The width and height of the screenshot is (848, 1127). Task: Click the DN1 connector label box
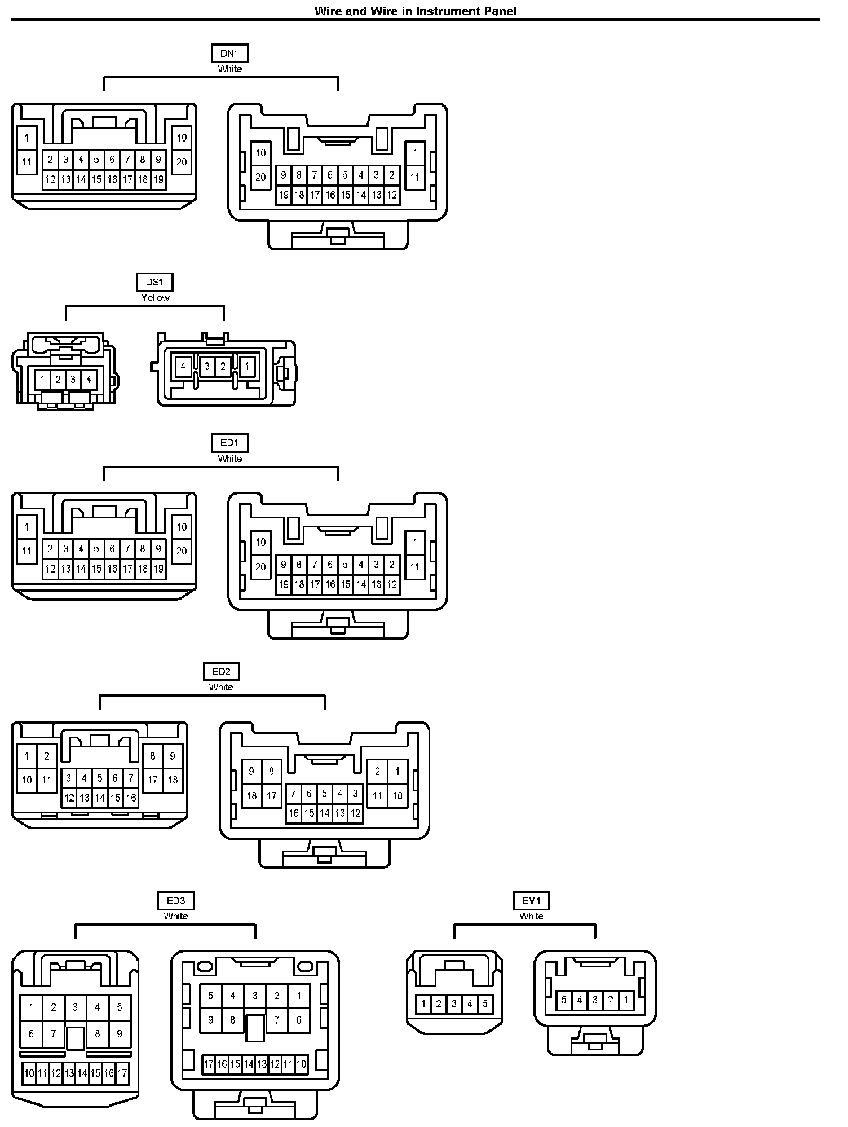pyautogui.click(x=229, y=54)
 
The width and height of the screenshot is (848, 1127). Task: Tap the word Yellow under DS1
pyautogui.click(x=155, y=297)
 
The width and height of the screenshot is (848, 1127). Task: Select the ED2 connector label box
pyautogui.click(x=221, y=671)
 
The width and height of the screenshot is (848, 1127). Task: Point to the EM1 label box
pyautogui.click(x=531, y=900)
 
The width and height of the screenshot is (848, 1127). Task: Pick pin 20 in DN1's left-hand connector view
pyautogui.click(x=182, y=162)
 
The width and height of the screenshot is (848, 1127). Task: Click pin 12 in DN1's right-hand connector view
pyautogui.click(x=392, y=195)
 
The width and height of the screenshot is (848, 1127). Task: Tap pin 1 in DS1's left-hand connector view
pyautogui.click(x=43, y=380)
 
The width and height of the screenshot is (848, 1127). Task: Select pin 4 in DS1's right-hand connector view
pyautogui.click(x=183, y=367)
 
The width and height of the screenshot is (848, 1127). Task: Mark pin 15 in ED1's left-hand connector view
pyautogui.click(x=96, y=569)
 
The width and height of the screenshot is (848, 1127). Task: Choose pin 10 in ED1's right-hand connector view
pyautogui.click(x=260, y=543)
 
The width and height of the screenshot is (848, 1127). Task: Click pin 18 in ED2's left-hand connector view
pyautogui.click(x=173, y=780)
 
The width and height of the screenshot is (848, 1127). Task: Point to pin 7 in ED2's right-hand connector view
pyautogui.click(x=293, y=794)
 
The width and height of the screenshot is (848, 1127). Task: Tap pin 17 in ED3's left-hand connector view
pyautogui.click(x=122, y=1073)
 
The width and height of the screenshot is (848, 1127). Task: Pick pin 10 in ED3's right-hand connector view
pyautogui.click(x=301, y=1064)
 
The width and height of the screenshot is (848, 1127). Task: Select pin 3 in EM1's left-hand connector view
pyautogui.click(x=454, y=1003)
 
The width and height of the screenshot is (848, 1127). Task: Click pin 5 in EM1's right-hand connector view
pyautogui.click(x=563, y=1001)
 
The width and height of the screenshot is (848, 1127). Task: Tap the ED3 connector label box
pyautogui.click(x=176, y=900)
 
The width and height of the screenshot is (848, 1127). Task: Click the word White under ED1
pyautogui.click(x=229, y=459)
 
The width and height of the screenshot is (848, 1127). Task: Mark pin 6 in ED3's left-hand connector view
pyautogui.click(x=31, y=1034)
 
